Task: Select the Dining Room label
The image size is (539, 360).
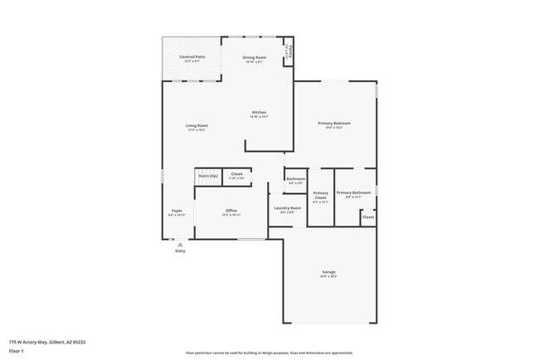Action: coord(255,57)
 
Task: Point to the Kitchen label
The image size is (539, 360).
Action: coord(259,113)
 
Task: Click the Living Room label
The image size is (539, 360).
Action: coord(197,126)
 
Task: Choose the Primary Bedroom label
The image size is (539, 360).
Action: coord(334,124)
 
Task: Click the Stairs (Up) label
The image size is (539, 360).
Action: coord(206,176)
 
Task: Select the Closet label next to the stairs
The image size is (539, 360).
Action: coord(236,174)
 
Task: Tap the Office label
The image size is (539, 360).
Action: coord(231,211)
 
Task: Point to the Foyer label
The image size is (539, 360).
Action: coord(177,212)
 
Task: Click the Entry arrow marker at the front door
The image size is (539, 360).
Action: coord(180,244)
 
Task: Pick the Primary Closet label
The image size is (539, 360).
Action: coord(320,197)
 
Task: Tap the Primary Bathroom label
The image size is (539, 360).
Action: coord(353,193)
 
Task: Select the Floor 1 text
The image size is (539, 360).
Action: coord(17,351)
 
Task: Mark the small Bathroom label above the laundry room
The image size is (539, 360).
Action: coord(295,179)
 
